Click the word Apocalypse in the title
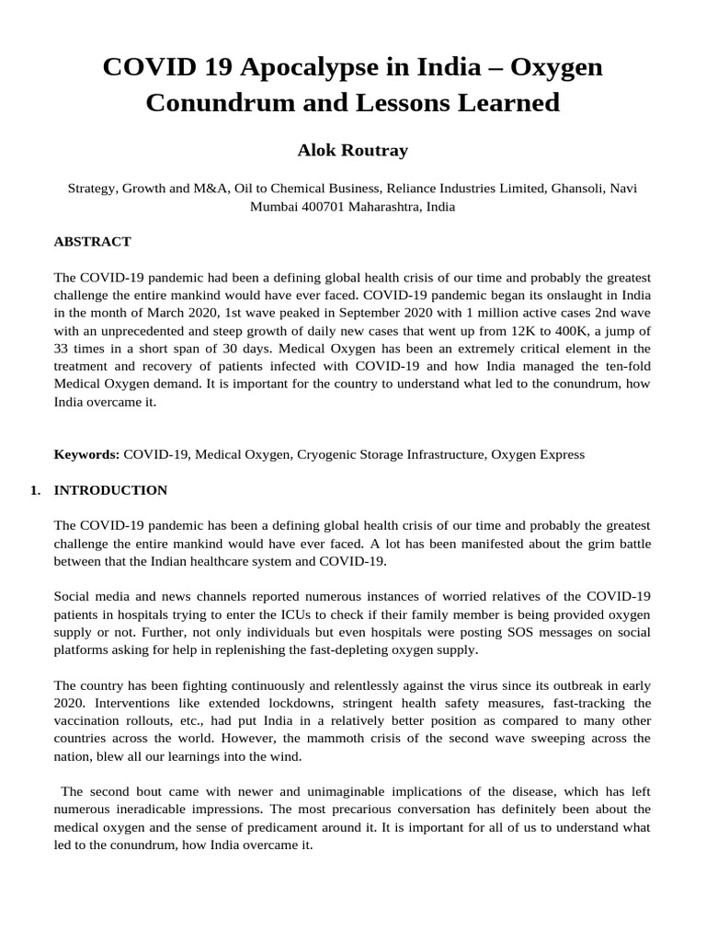pyautogui.click(x=294, y=67)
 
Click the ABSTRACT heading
pyautogui.click(x=92, y=242)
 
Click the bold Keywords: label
pyautogui.click(x=86, y=454)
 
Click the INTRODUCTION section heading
pyautogui.click(x=110, y=490)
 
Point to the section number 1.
pyautogui.click(x=35, y=490)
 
